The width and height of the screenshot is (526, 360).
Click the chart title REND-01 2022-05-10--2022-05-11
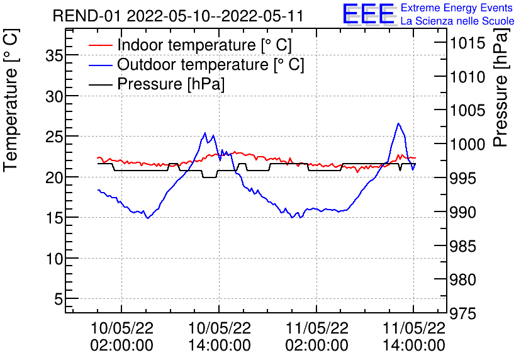(x=178, y=16)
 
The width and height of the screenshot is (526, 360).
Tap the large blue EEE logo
(x=368, y=15)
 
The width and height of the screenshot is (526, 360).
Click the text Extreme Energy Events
(x=457, y=8)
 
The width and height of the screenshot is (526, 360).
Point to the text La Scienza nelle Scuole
(x=457, y=21)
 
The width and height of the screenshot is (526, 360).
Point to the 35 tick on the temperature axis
(x=55, y=55)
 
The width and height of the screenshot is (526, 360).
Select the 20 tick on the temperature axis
(x=55, y=177)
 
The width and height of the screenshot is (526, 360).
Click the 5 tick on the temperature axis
(x=60, y=300)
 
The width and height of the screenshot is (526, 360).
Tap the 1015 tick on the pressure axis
(x=466, y=43)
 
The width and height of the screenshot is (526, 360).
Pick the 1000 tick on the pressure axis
(x=466, y=145)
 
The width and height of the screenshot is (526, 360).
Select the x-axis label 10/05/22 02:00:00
(x=122, y=337)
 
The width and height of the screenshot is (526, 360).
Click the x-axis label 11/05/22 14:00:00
(x=413, y=337)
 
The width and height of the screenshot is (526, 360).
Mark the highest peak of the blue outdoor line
(x=398, y=123)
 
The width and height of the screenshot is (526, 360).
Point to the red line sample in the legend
(x=101, y=45)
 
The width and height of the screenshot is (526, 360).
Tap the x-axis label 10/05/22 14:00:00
(x=219, y=337)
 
